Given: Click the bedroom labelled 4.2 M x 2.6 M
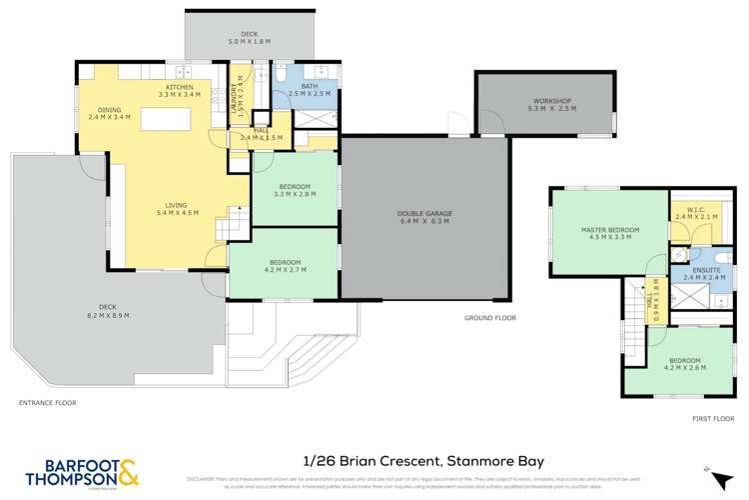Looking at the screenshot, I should tap(684, 364).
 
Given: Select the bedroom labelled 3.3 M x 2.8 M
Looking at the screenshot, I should tap(295, 191).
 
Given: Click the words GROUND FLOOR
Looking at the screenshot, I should tap(489, 317).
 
